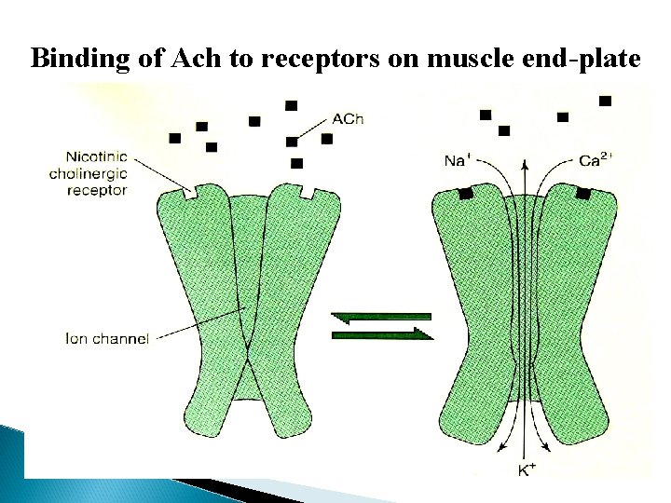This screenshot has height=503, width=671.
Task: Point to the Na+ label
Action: (x=456, y=160)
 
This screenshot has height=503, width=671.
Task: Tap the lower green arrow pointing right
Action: (x=383, y=333)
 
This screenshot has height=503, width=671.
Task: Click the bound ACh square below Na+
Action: (x=463, y=194)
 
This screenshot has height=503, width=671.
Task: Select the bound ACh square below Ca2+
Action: (x=583, y=194)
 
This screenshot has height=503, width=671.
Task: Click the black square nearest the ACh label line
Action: (x=292, y=142)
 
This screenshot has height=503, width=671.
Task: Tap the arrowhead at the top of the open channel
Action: (x=525, y=165)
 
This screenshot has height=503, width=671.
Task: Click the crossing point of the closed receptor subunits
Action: (x=247, y=356)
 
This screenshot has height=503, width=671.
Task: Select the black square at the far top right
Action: (x=606, y=100)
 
